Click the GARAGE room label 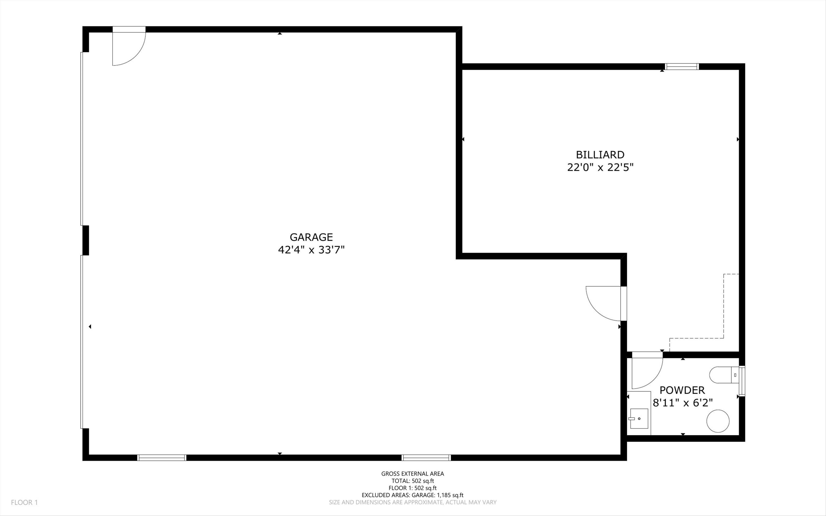click(x=311, y=237)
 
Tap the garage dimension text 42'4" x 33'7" click(x=311, y=250)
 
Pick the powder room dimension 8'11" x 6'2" click(x=682, y=403)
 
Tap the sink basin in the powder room click(x=639, y=419)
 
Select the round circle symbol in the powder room click(x=718, y=421)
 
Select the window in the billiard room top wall click(x=682, y=67)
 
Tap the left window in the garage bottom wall click(x=162, y=458)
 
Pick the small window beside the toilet click(x=742, y=381)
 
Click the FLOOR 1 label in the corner click(x=24, y=502)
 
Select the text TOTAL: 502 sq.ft click(x=412, y=481)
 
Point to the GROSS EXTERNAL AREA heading click(x=412, y=473)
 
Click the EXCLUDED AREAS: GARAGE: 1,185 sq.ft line click(x=412, y=495)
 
